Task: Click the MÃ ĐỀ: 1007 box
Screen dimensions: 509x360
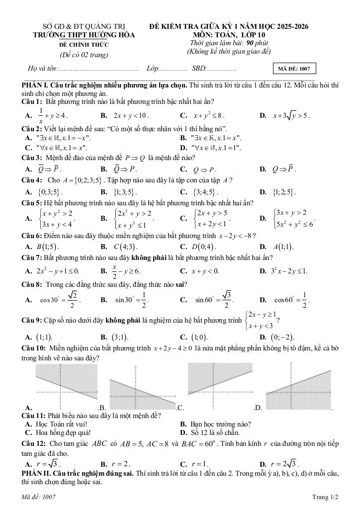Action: (294, 69)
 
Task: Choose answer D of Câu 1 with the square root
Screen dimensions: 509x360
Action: (291, 116)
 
